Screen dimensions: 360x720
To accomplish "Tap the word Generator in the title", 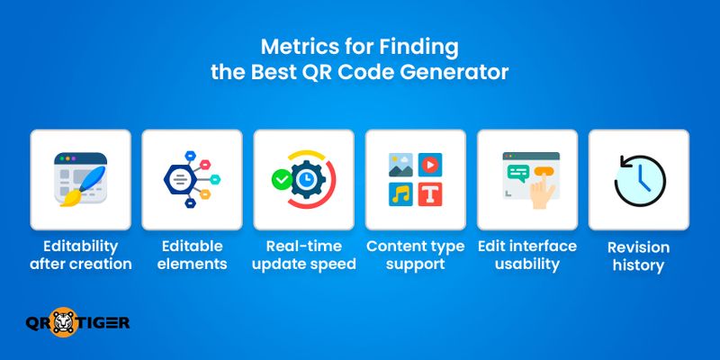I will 464,72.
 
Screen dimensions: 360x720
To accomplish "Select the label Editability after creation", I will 81,256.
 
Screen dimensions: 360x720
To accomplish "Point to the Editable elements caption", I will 192,256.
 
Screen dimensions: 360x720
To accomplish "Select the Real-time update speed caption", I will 303,256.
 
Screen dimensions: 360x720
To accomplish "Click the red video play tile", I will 430,165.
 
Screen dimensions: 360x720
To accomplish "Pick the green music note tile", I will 400,194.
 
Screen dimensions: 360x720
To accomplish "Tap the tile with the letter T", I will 430,194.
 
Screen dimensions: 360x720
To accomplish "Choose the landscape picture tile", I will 400,165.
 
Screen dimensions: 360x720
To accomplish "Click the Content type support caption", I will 415,256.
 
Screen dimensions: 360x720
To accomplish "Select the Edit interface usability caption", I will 526,256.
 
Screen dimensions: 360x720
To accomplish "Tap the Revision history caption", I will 638,256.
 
